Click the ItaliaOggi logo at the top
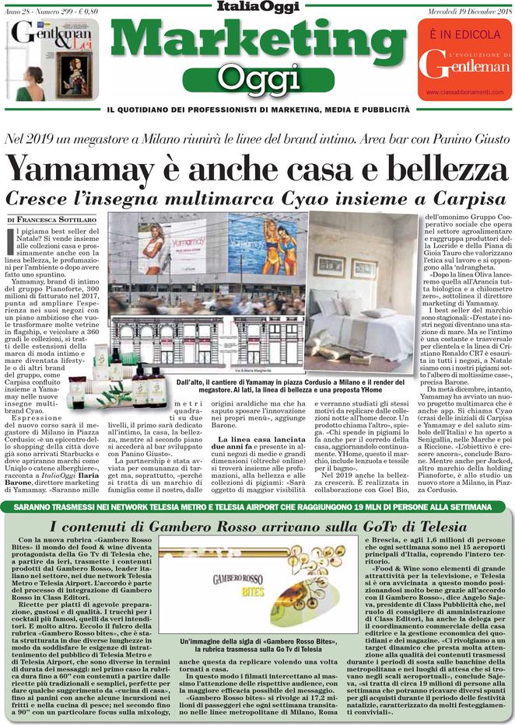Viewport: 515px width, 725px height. coord(257,8)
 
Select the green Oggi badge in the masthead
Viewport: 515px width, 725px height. coord(257,76)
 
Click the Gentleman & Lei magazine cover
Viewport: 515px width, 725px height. coord(53,60)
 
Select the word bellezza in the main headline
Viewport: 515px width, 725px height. coord(426,167)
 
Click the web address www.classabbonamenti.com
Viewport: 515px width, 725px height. coord(463,93)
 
